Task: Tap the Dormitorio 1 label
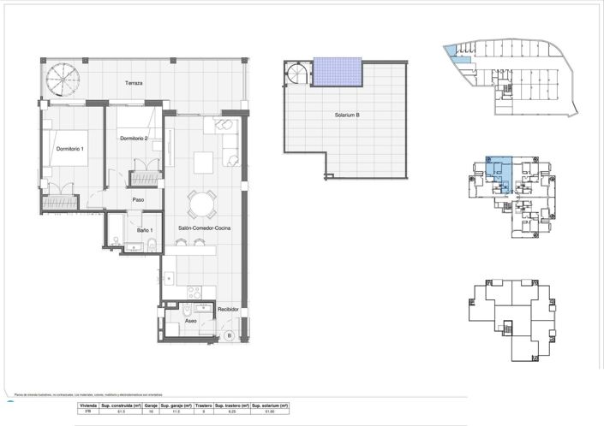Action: (x=70, y=149)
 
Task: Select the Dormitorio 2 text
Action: (x=134, y=139)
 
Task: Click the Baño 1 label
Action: (x=145, y=230)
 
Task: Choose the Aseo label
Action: (x=190, y=321)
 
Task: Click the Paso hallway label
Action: (x=137, y=200)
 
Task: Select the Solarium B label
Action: (x=347, y=115)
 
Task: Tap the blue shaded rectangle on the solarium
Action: (x=338, y=71)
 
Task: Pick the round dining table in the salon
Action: (x=202, y=204)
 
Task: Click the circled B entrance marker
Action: (x=229, y=336)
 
